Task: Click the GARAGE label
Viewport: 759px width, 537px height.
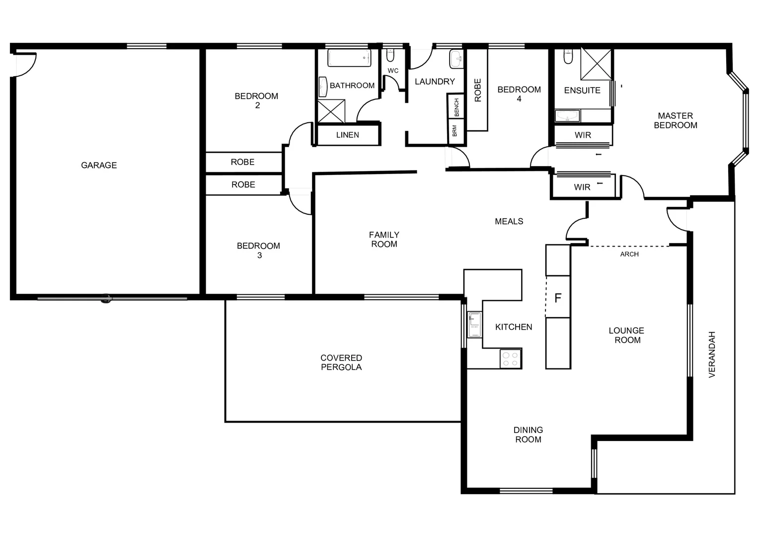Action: [99, 165]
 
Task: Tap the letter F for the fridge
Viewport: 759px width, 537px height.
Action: [557, 298]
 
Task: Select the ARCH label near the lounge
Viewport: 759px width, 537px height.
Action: [629, 254]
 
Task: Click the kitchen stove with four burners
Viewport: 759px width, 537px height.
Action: [510, 359]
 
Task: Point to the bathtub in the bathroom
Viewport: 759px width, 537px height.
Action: [349, 58]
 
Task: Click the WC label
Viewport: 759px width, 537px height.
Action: [393, 71]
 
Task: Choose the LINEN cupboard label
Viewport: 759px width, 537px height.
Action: [347, 135]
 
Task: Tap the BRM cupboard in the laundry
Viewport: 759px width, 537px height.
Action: [455, 131]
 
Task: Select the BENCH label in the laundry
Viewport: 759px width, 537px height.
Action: [456, 107]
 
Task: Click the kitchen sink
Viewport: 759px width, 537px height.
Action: [475, 325]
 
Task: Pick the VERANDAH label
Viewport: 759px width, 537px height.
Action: [712, 355]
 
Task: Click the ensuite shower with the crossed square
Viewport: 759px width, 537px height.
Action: [596, 64]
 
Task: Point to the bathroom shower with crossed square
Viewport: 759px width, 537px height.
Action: [331, 111]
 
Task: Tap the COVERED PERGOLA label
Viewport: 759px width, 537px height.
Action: [341, 362]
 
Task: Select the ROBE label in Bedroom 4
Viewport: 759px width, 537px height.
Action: [477, 90]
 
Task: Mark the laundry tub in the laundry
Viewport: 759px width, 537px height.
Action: [456, 59]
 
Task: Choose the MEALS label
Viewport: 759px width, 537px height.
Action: [509, 221]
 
